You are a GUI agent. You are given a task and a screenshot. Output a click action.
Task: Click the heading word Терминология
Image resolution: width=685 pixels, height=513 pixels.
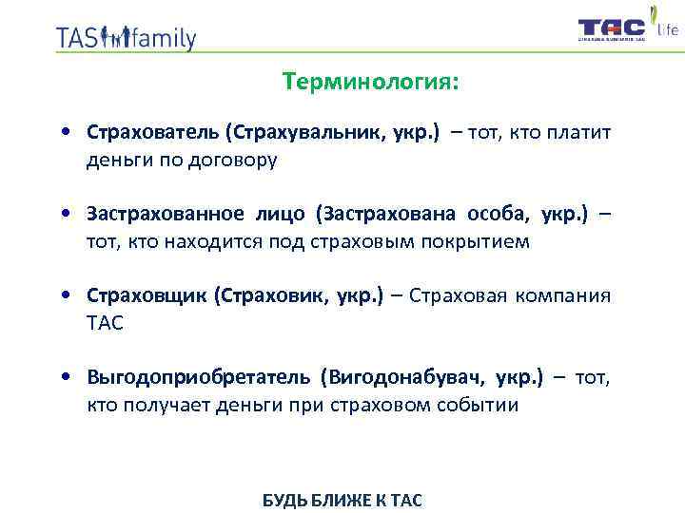369,83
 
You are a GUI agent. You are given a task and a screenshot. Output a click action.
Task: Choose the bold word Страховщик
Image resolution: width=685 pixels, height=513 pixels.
147,296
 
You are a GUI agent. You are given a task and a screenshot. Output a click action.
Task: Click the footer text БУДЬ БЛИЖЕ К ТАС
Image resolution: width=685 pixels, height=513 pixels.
342,500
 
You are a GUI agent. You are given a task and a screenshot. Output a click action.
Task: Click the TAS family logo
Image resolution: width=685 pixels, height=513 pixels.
126,37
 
